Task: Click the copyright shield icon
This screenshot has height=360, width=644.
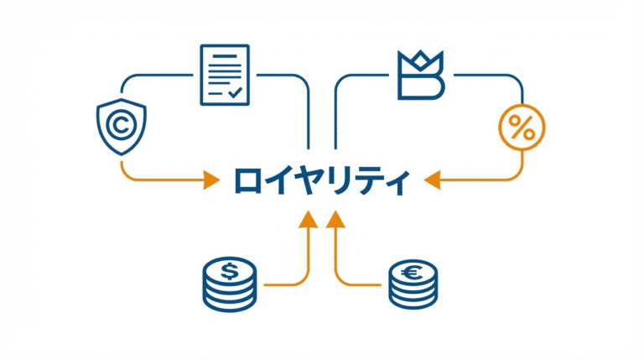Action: (120, 127)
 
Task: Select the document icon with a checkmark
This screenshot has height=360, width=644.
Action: (224, 76)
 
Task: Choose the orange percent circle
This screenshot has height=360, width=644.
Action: (522, 129)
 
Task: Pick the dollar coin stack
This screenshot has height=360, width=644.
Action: (229, 282)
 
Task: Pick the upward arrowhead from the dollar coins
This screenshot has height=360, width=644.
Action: (308, 220)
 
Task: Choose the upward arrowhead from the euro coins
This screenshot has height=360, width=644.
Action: (336, 220)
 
